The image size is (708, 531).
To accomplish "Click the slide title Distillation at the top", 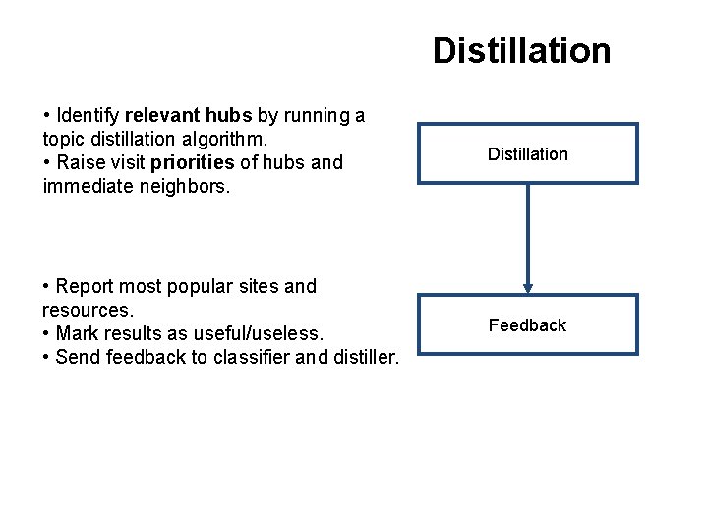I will pos(521,50).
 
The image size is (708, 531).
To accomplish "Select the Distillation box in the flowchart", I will pos(527,153).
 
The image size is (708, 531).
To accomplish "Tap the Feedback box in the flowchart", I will pos(527,324).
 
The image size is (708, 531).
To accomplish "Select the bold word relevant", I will pos(158,116).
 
